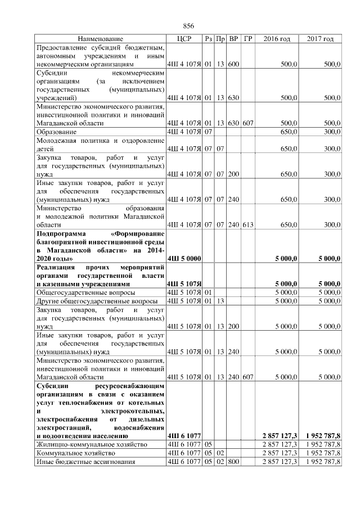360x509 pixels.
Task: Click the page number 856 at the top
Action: [x=188, y=26]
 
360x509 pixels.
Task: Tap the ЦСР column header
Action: [x=184, y=39]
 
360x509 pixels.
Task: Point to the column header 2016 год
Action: [x=277, y=39]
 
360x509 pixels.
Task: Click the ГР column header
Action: [x=248, y=39]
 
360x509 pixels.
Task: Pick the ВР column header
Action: [x=234, y=39]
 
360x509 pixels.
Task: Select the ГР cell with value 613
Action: [x=248, y=225]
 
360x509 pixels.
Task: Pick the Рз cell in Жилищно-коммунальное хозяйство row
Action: [x=208, y=444]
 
